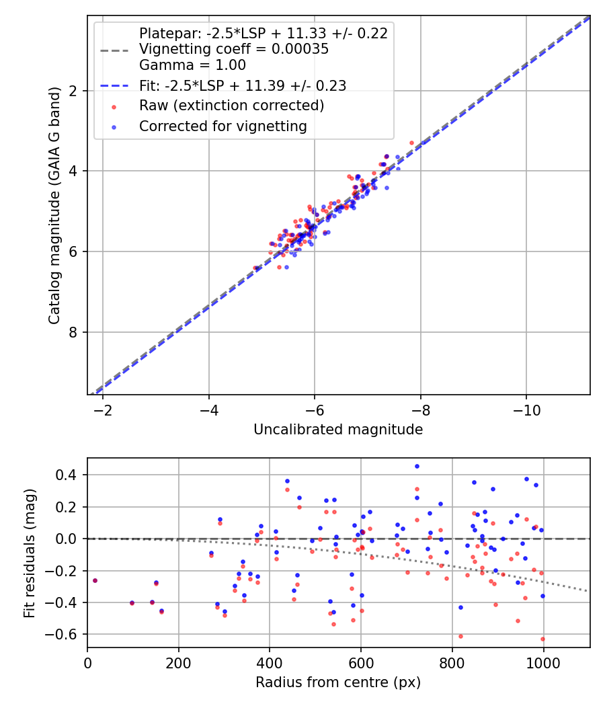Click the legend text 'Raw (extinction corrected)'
[x=231, y=106]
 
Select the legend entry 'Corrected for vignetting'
[x=223, y=126]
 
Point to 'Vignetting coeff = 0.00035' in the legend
[x=233, y=49]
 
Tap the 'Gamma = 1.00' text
[x=192, y=65]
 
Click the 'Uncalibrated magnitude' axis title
[x=338, y=430]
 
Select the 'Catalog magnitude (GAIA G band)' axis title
[x=55, y=205]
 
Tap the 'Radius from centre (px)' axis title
[x=338, y=682]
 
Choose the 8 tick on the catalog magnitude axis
[x=73, y=332]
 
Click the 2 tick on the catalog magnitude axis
[x=73, y=91]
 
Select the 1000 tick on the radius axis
[x=543, y=662]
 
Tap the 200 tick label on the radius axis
[x=178, y=662]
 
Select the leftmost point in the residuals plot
[x=95, y=580]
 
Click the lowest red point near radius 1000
[x=542, y=639]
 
